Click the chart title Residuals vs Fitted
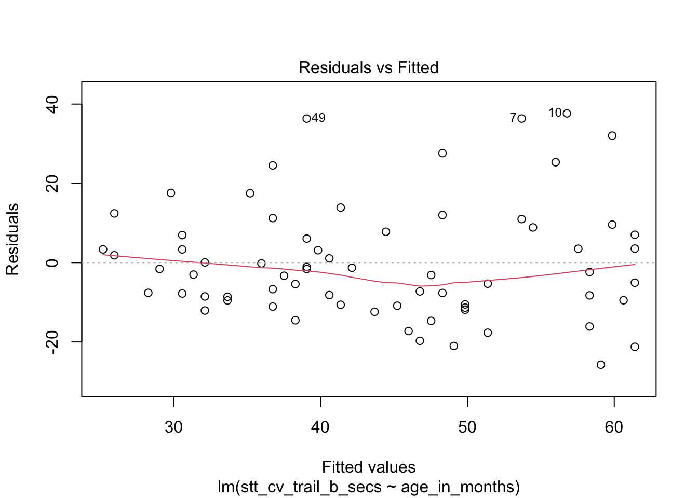[x=368, y=68]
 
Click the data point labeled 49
[x=306, y=119]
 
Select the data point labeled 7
[x=521, y=119]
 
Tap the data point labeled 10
[x=567, y=114]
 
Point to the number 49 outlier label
[x=318, y=118]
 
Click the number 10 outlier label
[x=555, y=113]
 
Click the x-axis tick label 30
[x=173, y=427]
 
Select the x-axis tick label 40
[x=320, y=427]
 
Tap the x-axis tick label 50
[x=467, y=427]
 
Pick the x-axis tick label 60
[x=614, y=427]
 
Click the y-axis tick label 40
[x=52, y=104]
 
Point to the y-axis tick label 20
[x=52, y=184]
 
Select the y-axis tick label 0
[x=52, y=263]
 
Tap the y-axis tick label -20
[x=52, y=342]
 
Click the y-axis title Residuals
[x=12, y=239]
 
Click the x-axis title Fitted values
[x=368, y=467]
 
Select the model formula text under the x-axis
[x=368, y=487]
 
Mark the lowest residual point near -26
[x=601, y=365]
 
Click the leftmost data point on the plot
[x=103, y=250]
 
